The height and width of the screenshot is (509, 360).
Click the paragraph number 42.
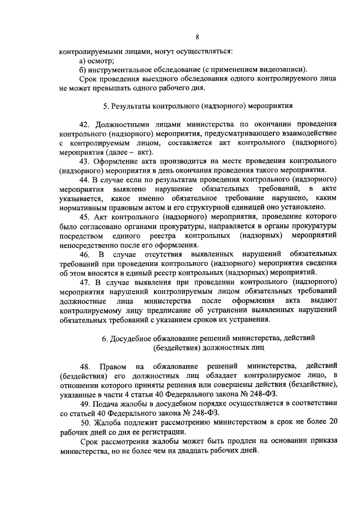(x=85, y=124)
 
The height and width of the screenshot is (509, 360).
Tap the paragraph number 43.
(x=85, y=160)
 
